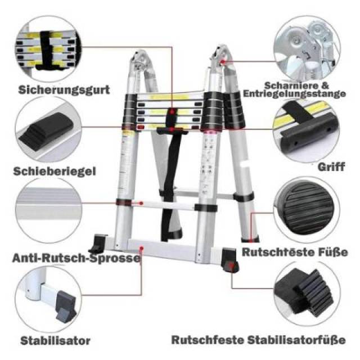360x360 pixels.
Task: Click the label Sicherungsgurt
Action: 64,90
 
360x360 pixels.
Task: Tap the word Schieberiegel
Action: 55,171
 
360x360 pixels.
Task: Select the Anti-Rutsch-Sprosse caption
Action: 76,258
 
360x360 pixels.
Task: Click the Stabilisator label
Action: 55,341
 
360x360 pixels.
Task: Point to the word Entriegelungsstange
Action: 294,94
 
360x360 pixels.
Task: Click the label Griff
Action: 331,167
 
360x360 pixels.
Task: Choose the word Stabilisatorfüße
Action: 296,340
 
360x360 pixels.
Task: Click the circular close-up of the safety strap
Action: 48,48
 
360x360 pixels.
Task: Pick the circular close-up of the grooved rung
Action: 48,210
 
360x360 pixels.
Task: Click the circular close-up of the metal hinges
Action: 307,48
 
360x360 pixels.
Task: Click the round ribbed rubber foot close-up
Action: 307,210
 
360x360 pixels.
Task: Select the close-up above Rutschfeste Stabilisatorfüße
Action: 307,294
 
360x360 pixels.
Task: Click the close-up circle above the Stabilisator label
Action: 48,299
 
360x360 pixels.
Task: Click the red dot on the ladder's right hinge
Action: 223,61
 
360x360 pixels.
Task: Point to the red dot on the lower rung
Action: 141,203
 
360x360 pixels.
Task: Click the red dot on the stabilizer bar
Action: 142,248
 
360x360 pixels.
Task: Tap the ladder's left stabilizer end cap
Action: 97,244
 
